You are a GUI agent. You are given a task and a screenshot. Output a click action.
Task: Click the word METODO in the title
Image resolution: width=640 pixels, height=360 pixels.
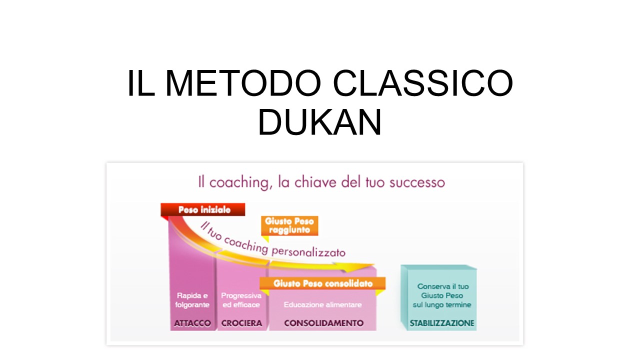point(243,83)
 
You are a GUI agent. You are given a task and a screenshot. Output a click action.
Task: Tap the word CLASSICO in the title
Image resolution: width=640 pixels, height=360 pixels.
point(423,83)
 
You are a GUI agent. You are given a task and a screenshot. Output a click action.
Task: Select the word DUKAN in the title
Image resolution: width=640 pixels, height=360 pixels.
point(319,121)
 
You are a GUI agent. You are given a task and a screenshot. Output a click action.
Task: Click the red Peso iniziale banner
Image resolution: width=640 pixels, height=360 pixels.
point(203,209)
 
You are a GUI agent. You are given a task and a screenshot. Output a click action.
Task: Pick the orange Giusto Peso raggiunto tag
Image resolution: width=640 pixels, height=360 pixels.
point(289,225)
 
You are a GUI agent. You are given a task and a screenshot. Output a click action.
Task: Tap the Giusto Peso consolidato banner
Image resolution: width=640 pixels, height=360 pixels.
point(322,283)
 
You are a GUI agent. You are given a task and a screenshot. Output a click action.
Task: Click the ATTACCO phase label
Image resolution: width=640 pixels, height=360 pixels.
point(192,323)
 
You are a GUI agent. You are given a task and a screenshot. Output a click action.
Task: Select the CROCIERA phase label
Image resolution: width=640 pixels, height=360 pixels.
point(241,323)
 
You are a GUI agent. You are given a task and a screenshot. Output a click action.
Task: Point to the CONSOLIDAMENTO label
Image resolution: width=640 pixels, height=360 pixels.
point(323,323)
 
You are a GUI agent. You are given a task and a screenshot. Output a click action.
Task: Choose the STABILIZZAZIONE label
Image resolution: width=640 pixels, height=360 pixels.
point(441,323)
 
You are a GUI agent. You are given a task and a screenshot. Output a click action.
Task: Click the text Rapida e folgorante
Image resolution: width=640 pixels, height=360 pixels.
point(192,300)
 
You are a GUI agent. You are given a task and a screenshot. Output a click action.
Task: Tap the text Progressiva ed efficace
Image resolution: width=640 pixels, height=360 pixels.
point(241,300)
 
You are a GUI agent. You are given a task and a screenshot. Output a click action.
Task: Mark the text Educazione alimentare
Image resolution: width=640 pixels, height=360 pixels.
point(322,305)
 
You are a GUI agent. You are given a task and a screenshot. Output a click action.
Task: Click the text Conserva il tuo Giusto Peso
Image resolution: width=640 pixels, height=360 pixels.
point(442,291)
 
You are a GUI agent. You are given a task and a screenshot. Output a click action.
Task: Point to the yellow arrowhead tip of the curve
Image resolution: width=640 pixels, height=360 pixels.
point(374,265)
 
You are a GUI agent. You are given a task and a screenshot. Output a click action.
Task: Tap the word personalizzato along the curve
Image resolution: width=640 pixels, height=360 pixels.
point(308,251)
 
